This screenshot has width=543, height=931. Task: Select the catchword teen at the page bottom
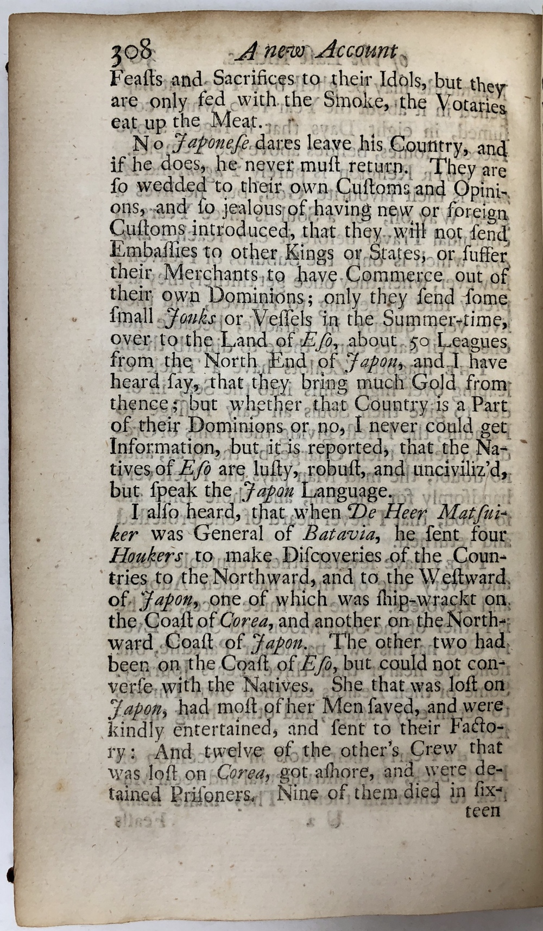click(x=482, y=811)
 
